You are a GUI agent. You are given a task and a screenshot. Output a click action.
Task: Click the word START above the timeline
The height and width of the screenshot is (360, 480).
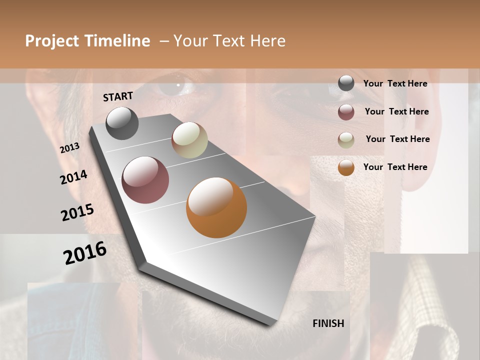(118, 96)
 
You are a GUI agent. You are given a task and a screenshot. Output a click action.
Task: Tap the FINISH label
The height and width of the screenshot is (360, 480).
(328, 323)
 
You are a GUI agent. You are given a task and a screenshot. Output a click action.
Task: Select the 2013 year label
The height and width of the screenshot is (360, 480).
(70, 148)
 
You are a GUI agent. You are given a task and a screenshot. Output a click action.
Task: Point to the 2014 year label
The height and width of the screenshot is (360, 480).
(74, 177)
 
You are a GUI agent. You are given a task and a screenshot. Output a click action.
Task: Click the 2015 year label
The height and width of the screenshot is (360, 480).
(77, 212)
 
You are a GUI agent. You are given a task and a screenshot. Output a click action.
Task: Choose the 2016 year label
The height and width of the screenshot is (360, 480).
(85, 252)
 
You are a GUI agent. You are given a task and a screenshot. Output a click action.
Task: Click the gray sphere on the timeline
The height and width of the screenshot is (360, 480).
(122, 123)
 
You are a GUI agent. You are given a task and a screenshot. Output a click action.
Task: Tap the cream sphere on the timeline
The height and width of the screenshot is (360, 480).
(189, 140)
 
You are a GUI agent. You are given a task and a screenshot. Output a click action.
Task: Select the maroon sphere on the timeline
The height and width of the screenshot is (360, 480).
(145, 180)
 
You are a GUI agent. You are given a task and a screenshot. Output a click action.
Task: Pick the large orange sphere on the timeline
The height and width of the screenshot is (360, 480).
(216, 207)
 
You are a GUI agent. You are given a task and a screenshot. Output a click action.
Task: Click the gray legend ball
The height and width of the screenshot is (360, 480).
(346, 83)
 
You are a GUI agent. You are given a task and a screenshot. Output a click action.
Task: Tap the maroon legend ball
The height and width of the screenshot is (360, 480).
(346, 112)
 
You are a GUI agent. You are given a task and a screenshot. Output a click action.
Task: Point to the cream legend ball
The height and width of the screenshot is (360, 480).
(346, 140)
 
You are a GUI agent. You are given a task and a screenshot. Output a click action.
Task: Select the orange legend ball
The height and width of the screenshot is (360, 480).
(346, 168)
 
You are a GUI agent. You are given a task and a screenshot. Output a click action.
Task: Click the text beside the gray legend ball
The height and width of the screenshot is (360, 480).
(395, 83)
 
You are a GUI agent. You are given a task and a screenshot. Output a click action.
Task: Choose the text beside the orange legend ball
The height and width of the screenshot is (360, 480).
(395, 167)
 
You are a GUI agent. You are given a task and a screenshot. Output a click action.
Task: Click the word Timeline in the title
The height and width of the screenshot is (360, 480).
(117, 41)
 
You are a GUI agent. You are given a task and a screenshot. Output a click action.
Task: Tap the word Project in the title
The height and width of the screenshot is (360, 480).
(52, 41)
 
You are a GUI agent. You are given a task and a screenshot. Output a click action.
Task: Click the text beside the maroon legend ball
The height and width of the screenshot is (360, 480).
(396, 111)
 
